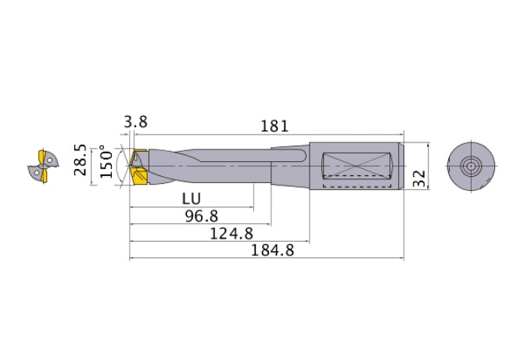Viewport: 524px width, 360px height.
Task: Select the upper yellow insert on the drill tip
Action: tap(139, 153)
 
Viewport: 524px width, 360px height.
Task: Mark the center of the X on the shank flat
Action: tap(355, 165)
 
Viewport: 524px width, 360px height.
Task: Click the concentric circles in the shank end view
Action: tap(471, 167)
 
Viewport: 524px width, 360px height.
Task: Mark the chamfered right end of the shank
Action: tap(401, 167)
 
